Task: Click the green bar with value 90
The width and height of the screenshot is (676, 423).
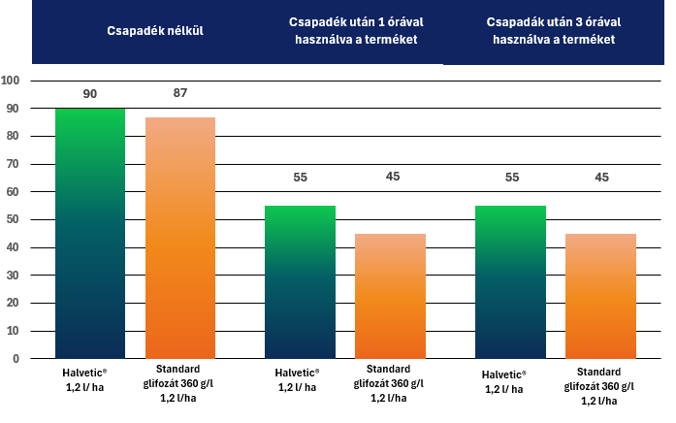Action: point(90,233)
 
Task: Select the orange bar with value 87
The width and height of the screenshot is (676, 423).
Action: point(180,238)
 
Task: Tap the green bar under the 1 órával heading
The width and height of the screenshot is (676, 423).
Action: point(301,281)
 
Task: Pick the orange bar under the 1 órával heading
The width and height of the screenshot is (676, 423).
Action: point(390,296)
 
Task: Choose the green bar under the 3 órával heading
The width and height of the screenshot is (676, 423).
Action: point(510,281)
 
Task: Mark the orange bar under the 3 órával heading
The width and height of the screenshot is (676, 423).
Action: point(600,296)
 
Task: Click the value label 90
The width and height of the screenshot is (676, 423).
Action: point(90,94)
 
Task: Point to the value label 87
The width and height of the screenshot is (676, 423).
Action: point(180,93)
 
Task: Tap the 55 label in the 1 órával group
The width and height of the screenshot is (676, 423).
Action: point(301,178)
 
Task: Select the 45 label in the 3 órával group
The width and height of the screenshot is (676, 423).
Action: point(600,178)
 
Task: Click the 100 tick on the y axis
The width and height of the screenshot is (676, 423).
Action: point(11,81)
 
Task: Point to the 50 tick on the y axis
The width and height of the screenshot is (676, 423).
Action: point(12,219)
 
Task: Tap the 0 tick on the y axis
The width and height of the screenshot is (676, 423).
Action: point(16,359)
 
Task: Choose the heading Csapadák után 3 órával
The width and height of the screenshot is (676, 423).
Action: point(554,30)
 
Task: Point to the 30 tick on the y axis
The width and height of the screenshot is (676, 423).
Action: point(12,276)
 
